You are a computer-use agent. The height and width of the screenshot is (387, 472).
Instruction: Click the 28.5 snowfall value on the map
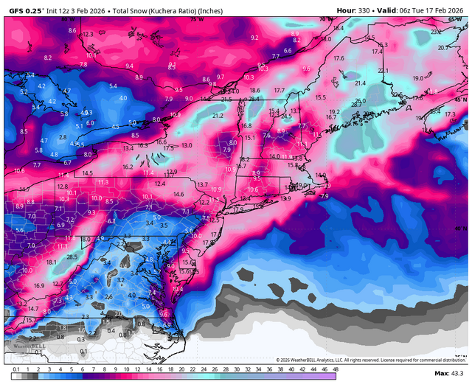coord(72,257)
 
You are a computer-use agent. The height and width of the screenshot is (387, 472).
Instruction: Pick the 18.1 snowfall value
coord(51,262)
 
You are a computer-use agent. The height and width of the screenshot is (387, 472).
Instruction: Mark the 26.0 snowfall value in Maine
coord(360,101)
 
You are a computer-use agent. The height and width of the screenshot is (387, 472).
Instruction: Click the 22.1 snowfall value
coord(383,70)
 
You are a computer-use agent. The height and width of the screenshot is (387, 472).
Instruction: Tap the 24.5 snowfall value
coord(287,116)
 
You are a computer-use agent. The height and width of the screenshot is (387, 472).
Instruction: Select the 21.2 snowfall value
coord(218,116)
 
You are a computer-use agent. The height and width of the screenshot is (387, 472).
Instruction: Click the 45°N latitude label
coord(460,100)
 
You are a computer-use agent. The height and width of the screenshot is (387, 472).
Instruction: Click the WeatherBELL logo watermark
coord(21,344)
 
